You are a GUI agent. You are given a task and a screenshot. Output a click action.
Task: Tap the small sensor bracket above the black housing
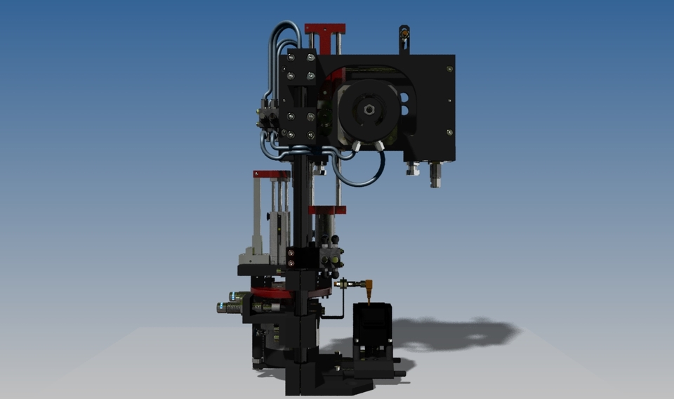coord(404,39)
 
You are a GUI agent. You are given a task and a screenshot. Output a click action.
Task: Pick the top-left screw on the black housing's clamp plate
coord(289,58)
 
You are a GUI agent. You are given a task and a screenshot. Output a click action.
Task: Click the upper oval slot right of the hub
coord(404,98)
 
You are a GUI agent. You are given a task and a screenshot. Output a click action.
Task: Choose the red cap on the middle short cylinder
coord(327,209)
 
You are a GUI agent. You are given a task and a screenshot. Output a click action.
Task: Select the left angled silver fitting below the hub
coord(356,146)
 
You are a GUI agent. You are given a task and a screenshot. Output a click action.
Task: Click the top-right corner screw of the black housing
coord(449,68)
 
